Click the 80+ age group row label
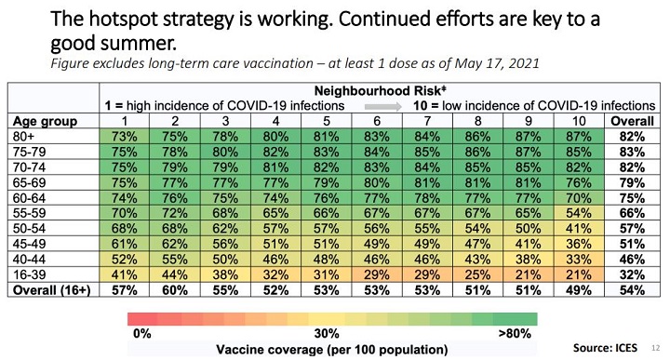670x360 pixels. pos(26,136)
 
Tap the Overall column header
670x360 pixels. pos(632,121)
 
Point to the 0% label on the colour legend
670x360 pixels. pos(141,333)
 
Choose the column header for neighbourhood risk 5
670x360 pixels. pos(323,121)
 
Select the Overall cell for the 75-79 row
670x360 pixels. pos(632,151)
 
